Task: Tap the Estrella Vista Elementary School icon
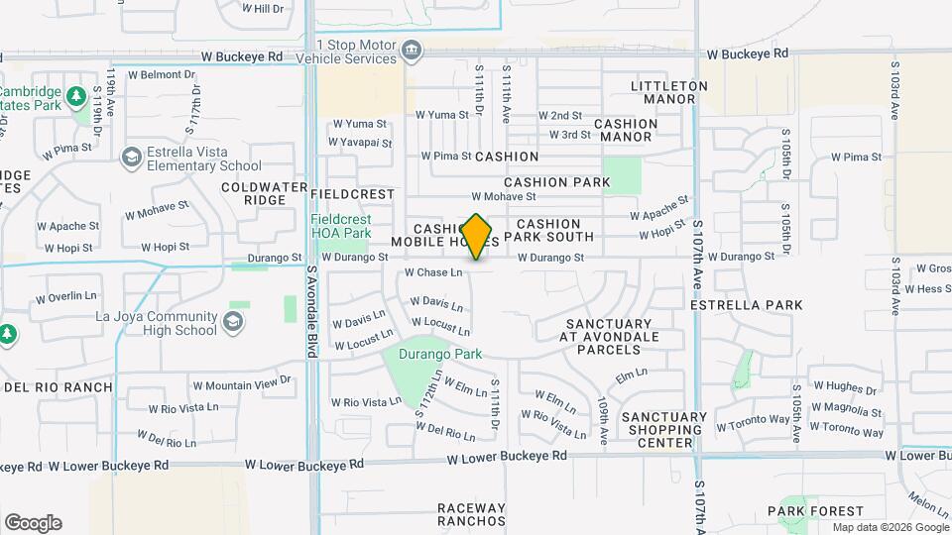pos(131,159)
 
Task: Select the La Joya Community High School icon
pos(232,322)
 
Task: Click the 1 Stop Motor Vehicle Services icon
pos(411,51)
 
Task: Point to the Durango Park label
pos(439,354)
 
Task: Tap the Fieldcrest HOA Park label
pos(340,226)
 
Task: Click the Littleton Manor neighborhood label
pos(669,92)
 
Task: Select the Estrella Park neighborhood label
pos(746,305)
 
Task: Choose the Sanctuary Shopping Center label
pos(664,430)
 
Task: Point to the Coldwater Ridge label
pos(253,193)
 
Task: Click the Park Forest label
pos(807,511)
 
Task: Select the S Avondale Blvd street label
pos(311,298)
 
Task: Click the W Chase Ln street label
pos(433,272)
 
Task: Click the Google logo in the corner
pos(33,523)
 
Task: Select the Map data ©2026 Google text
pos(890,527)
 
